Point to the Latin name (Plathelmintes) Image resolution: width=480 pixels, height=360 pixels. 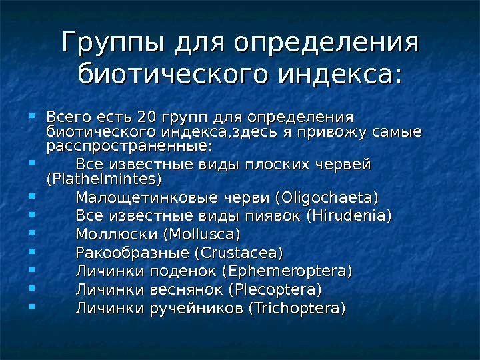coord(104,180)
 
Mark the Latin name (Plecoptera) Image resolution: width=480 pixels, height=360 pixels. coord(275,291)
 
